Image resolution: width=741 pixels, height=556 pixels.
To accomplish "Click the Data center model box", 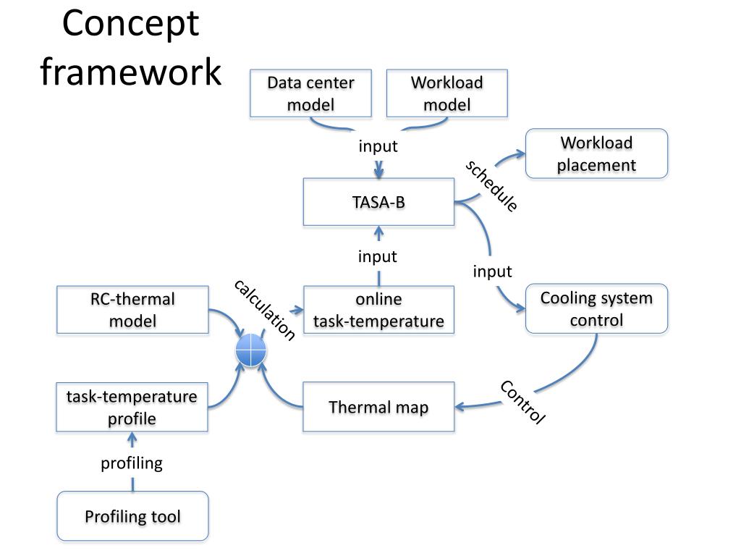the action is [310, 93].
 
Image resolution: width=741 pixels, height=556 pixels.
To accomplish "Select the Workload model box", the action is [447, 93].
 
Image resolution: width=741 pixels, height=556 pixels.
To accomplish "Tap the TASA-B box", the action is [378, 202].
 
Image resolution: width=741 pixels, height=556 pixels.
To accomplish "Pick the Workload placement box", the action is [596, 153].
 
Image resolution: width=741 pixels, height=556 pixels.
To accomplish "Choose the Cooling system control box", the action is [596, 308].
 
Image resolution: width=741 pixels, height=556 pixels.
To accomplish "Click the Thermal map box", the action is [378, 407].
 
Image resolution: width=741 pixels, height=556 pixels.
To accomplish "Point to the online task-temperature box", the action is [378, 310].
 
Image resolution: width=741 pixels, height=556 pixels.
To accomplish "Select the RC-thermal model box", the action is [132, 310].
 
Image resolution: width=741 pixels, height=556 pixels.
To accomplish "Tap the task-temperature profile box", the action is [132, 407].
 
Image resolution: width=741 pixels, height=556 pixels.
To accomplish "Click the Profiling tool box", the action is [133, 515].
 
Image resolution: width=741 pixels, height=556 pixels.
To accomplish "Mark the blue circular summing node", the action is [251, 350].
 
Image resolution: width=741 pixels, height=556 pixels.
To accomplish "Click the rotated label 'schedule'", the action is [491, 186].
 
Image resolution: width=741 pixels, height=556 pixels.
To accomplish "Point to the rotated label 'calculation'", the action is [265, 310].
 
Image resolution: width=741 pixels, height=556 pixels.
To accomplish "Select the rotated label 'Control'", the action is [523, 402].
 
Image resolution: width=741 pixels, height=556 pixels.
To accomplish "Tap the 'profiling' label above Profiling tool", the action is [132, 463].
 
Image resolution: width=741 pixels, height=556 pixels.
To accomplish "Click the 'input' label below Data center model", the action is [378, 146].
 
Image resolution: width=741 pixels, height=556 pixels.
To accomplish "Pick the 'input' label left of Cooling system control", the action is [492, 271].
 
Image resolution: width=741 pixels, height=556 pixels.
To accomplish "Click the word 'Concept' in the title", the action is [130, 24].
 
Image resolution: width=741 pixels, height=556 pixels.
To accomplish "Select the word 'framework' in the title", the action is [131, 72].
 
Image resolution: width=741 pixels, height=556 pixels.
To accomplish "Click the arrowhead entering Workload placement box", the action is [520, 153].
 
